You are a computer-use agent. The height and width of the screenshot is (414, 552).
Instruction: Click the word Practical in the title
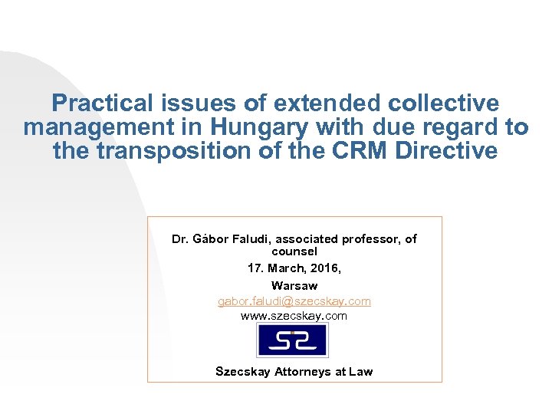101,103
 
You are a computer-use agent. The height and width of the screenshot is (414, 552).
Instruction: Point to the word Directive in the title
447,151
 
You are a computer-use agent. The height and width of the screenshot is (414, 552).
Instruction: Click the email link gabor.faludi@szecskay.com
294,301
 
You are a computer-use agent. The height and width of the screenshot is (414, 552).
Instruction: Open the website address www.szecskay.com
294,315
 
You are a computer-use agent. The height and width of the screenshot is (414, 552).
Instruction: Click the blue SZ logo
292,340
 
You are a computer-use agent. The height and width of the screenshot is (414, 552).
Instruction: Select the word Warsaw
294,285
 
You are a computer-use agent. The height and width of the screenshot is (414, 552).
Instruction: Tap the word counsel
294,251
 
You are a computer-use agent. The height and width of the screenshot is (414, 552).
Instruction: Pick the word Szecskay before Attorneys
242,371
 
